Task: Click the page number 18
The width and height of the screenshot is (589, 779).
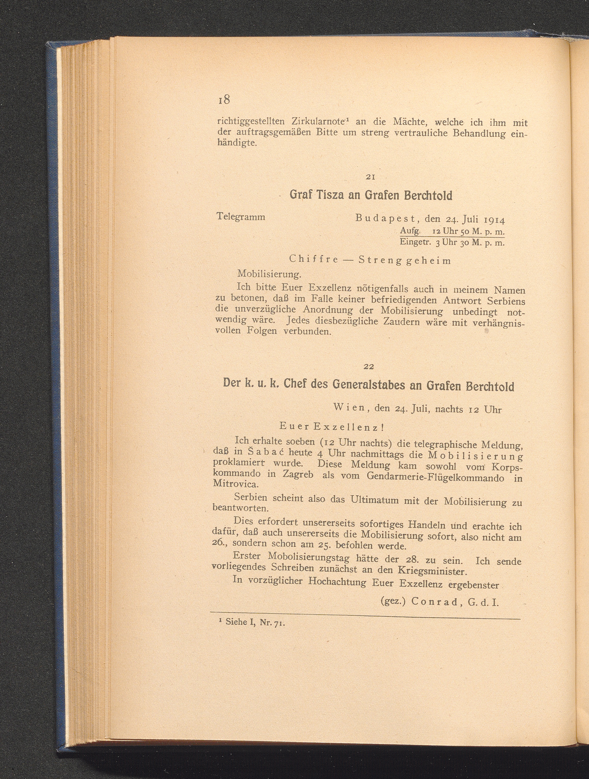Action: [224, 100]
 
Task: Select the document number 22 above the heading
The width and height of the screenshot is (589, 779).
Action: [368, 367]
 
